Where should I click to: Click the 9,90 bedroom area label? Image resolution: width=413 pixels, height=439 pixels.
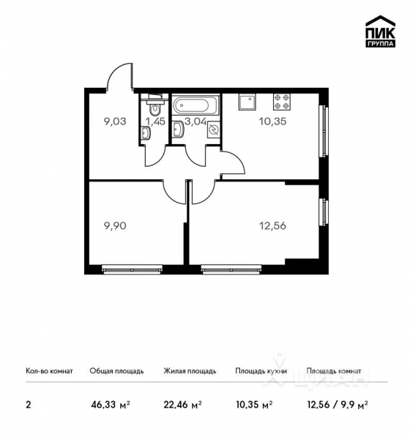pyautogui.click(x=115, y=227)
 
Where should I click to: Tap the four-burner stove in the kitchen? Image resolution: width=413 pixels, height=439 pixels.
pyautogui.click(x=283, y=100)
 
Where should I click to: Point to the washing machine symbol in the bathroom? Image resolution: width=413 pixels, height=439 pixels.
pyautogui.click(x=214, y=130)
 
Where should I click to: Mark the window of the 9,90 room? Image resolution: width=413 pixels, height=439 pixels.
pyautogui.click(x=131, y=269)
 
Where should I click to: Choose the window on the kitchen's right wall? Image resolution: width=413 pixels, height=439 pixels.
pyautogui.click(x=323, y=130)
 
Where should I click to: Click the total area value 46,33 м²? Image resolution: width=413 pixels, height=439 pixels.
pyautogui.click(x=108, y=402)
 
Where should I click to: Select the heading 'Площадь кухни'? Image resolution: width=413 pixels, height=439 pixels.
pyautogui.click(x=260, y=371)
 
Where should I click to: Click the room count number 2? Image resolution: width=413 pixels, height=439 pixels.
pyautogui.click(x=28, y=402)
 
